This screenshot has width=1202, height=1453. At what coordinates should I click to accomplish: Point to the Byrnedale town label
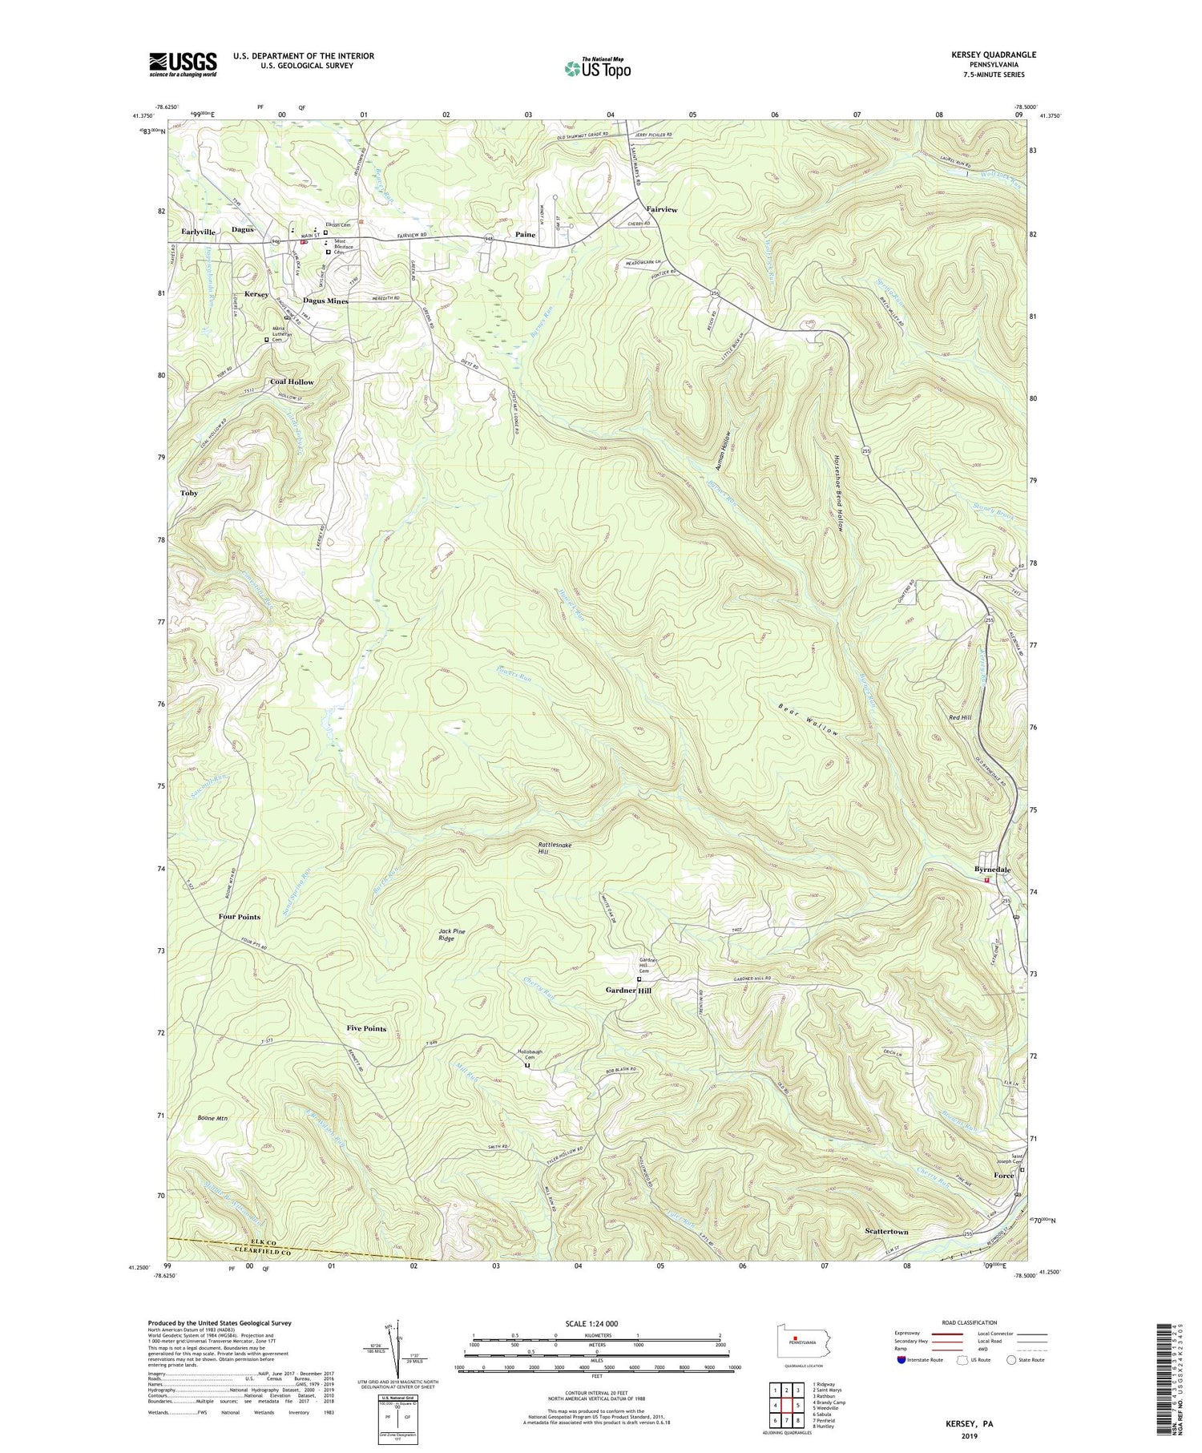click(x=992, y=870)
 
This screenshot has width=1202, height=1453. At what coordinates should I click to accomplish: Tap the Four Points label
click(x=239, y=917)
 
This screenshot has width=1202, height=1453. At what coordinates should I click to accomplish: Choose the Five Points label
click(x=366, y=1028)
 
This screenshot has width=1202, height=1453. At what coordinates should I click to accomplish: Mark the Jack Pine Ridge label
click(x=452, y=935)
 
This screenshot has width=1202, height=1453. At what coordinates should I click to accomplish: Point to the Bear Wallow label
click(x=809, y=719)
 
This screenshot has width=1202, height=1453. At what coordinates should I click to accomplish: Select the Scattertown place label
click(x=886, y=1231)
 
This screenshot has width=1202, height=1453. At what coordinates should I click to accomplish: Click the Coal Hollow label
click(x=292, y=382)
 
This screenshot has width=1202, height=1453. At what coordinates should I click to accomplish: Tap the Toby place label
click(x=189, y=493)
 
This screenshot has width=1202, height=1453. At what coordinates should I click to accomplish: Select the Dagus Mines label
click(x=325, y=301)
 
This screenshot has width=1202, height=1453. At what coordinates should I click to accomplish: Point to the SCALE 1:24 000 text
click(x=597, y=1323)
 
